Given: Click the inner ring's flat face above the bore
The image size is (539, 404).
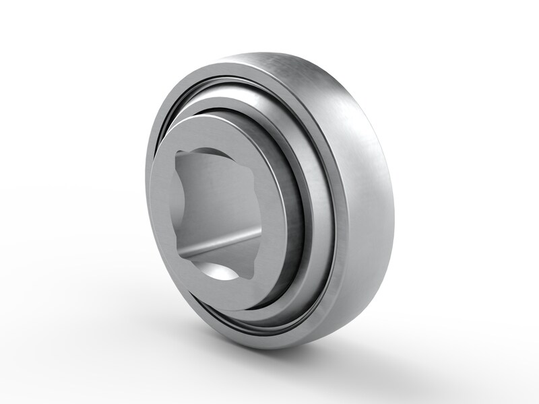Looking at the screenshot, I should [x=216, y=135].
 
